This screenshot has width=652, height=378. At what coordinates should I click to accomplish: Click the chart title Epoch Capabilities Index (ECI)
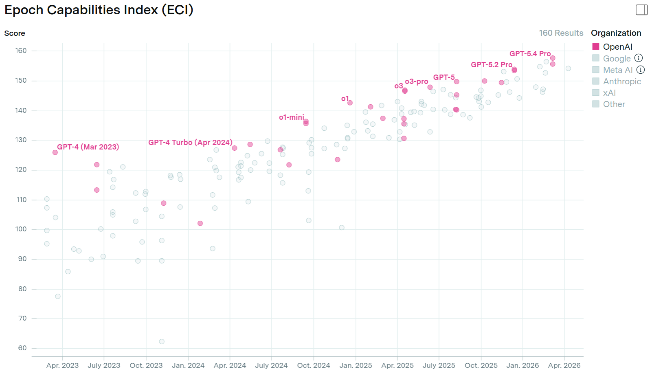[x=99, y=10]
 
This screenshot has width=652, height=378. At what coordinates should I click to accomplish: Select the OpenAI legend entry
[x=617, y=47]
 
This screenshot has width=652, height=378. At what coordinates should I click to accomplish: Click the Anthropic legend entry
[x=621, y=81]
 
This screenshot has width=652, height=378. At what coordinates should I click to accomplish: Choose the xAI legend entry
[x=609, y=93]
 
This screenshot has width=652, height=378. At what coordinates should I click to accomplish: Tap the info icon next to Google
[x=639, y=58]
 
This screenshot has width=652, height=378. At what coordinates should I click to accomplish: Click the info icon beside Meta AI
[x=641, y=70]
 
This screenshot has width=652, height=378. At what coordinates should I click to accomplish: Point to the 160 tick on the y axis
[x=21, y=51]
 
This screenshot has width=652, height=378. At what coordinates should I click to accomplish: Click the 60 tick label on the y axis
[x=22, y=348]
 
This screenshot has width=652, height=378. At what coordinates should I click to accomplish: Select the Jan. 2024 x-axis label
[x=188, y=365]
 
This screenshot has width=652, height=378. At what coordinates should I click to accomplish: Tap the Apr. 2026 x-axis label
[x=564, y=365]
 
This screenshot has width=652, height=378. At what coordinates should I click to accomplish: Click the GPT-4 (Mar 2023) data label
[x=88, y=147]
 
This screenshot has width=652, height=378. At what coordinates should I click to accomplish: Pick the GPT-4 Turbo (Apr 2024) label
[x=190, y=143]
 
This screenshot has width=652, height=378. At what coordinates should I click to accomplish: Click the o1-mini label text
[x=291, y=117]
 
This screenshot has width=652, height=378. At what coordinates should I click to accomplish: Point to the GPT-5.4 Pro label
[x=530, y=54]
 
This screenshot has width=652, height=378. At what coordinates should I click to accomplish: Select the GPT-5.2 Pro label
[x=492, y=65]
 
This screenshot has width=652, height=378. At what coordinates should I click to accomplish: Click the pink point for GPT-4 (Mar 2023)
[x=55, y=152]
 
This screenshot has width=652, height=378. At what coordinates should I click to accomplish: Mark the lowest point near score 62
[x=162, y=341]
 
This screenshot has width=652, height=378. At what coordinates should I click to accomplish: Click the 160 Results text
[x=561, y=33]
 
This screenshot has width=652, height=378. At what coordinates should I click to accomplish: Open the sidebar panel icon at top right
[x=641, y=10]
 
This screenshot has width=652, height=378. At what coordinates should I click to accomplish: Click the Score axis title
[x=15, y=33]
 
